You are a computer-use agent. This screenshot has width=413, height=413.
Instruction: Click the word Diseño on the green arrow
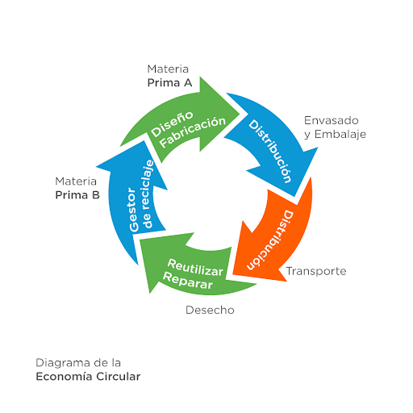[x=172, y=123]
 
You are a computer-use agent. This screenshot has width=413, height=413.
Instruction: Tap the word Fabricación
[x=193, y=131]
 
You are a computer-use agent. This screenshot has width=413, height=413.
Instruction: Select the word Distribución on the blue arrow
[x=269, y=152]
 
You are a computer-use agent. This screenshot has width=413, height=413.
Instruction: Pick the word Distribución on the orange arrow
[x=270, y=240]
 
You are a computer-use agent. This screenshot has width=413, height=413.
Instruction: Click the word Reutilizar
[x=195, y=268]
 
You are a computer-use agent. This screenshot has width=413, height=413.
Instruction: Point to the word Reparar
[x=188, y=281]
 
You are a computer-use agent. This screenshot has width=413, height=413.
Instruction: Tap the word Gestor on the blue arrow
[x=134, y=210]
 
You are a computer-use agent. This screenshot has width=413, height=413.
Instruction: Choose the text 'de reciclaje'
[x=148, y=194]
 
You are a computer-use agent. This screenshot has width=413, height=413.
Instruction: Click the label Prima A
[x=169, y=82]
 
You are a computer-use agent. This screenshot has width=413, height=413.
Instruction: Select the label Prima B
[x=77, y=195]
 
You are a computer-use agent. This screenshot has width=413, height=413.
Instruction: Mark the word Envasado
[x=332, y=120]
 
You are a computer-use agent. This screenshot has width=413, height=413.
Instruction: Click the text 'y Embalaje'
[x=335, y=134]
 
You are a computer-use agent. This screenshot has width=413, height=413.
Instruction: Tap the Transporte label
[x=316, y=271]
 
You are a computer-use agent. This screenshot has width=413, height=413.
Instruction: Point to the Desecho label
[x=210, y=310]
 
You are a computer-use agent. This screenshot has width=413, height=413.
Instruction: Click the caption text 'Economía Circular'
[x=88, y=377]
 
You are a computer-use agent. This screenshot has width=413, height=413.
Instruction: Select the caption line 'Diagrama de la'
[x=78, y=363]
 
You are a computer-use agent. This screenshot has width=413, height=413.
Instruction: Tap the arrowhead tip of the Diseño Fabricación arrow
[x=240, y=115]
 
